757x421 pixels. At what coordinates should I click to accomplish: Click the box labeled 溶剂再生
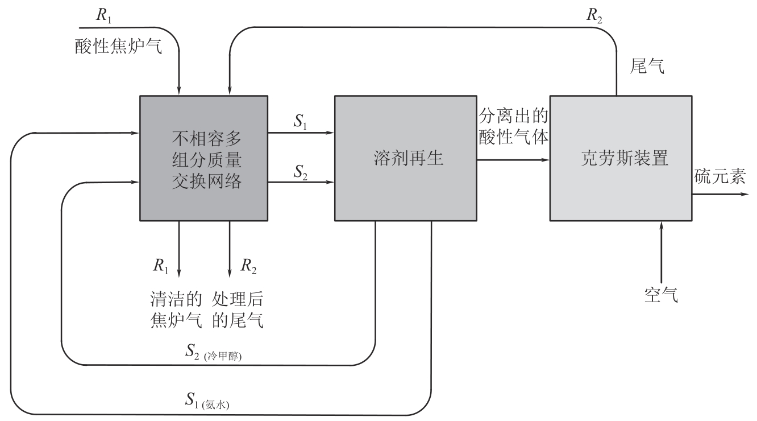pos(405,158)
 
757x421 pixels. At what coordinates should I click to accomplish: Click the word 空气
pos(661,294)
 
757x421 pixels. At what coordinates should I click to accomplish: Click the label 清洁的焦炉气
pos(176,309)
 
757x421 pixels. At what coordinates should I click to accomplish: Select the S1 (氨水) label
pos(213,402)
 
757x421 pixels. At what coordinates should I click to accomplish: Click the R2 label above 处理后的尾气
pos(248,265)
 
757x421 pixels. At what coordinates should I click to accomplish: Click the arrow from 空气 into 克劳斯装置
pos(661,250)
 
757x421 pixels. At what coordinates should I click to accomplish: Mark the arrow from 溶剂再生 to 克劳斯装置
pos(514,160)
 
